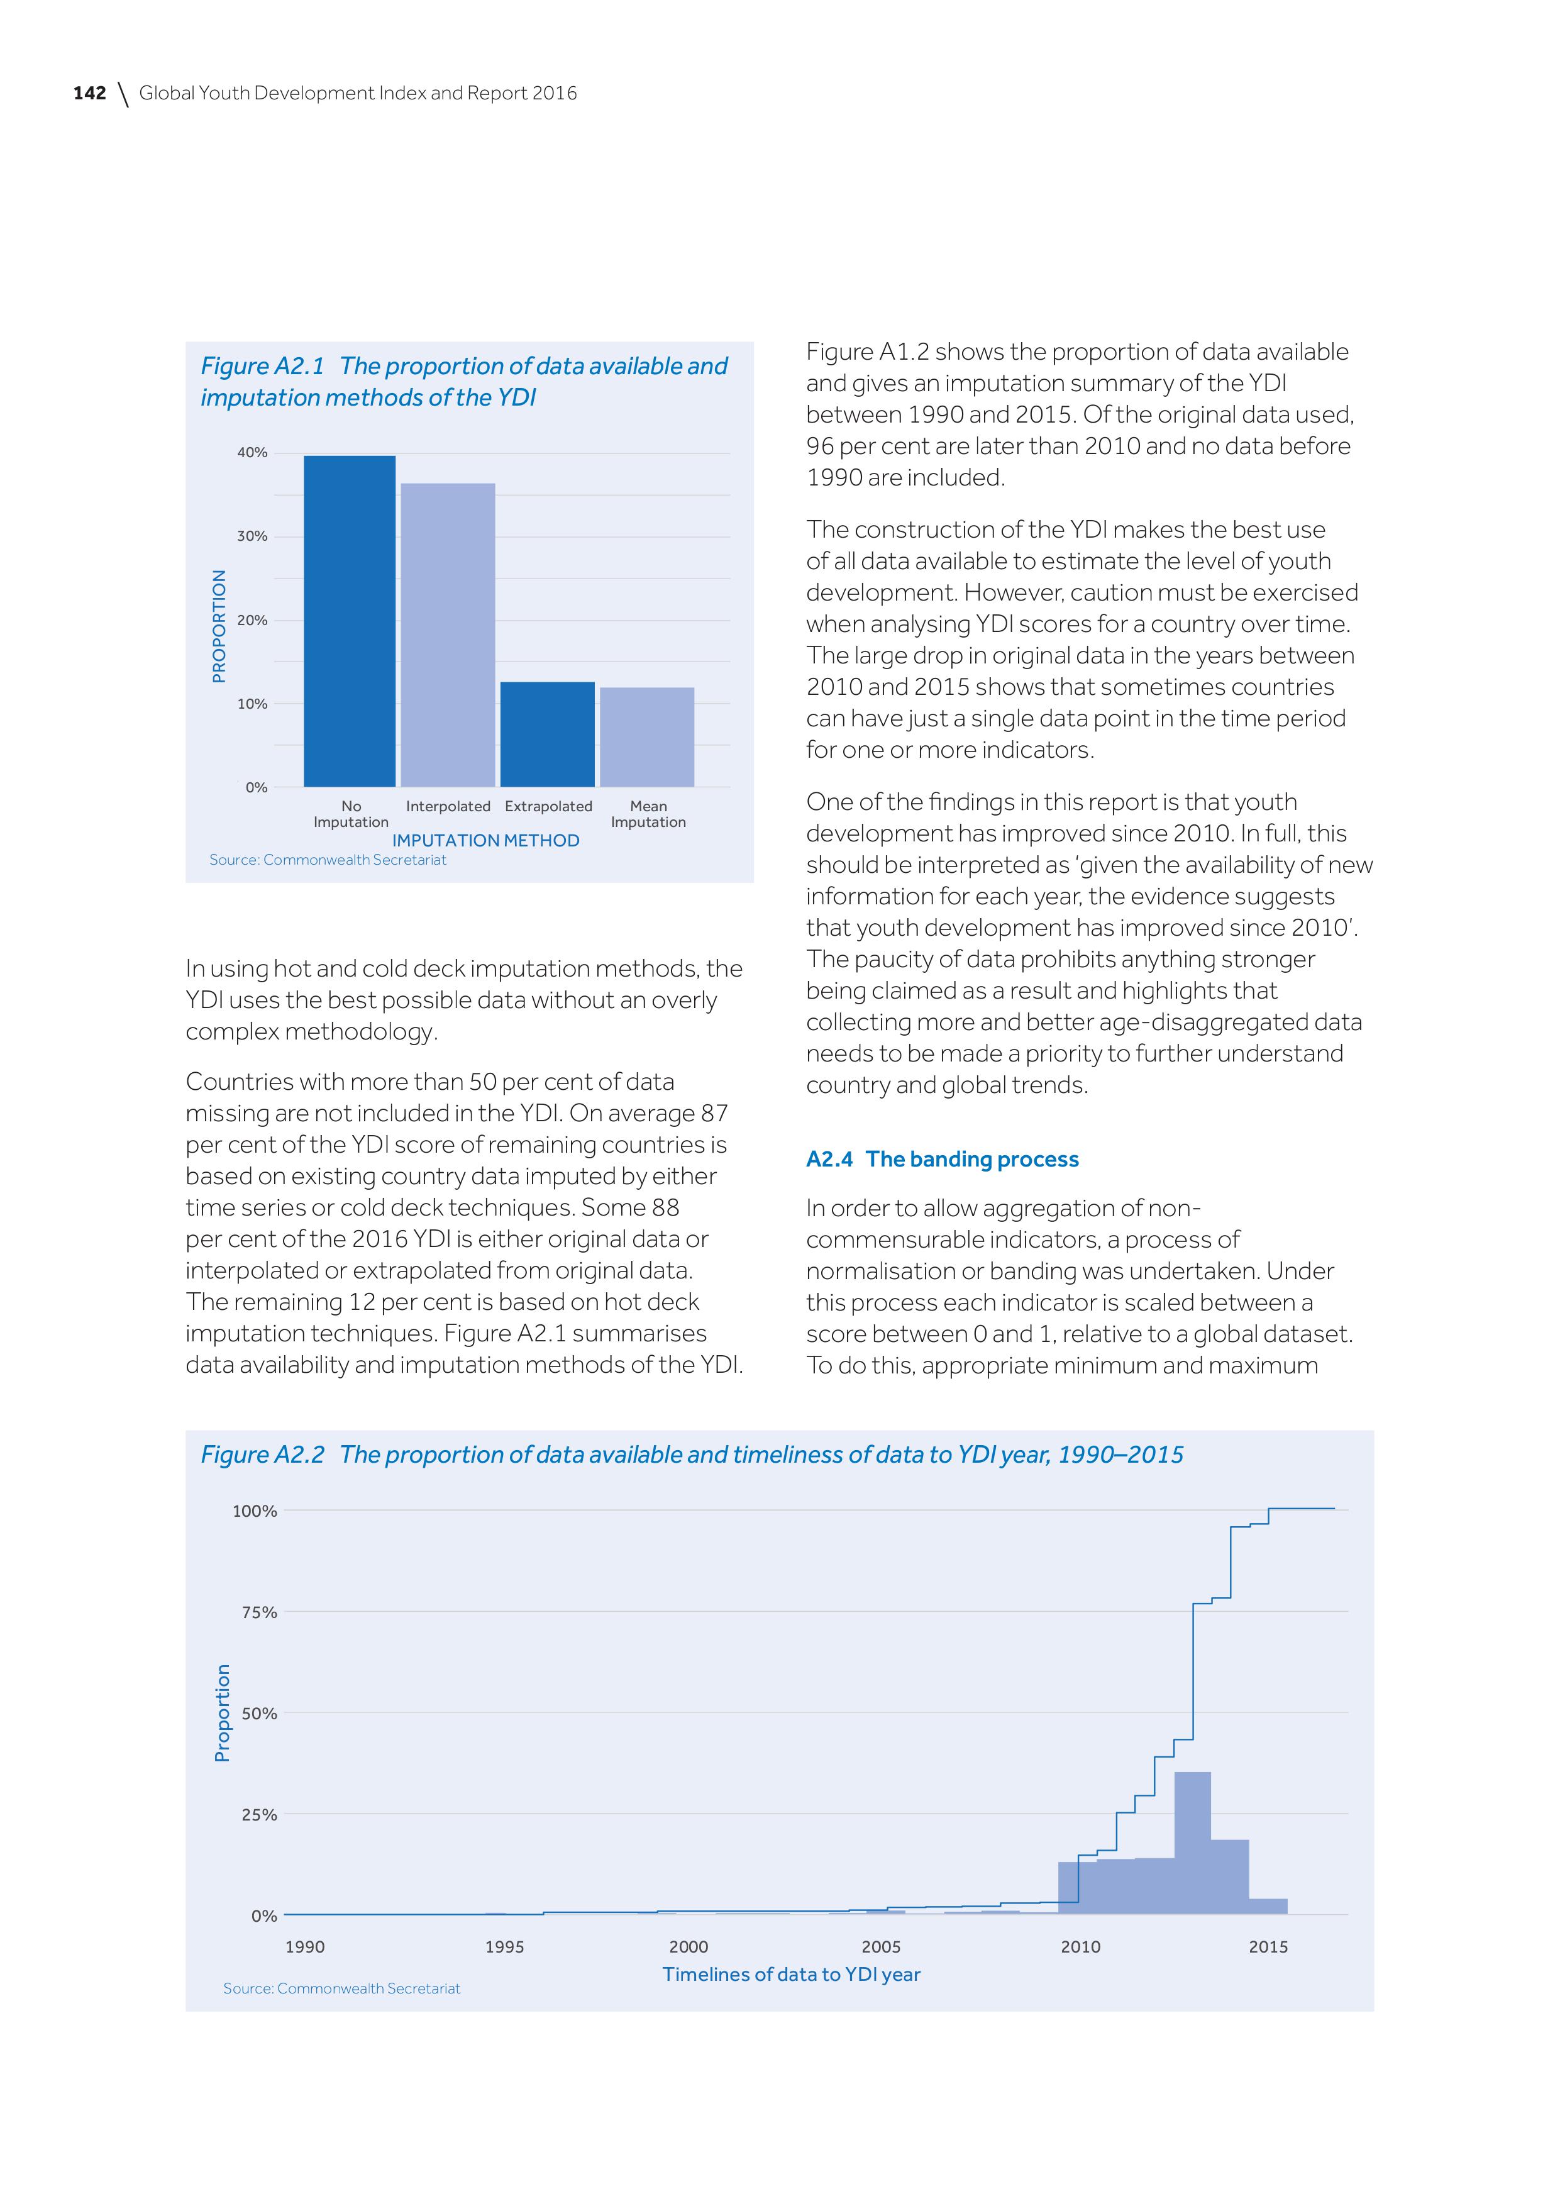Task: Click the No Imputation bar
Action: pos(350,622)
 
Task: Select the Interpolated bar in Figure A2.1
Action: pos(448,635)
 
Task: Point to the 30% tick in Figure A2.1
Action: pos(253,536)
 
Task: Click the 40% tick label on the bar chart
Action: pos(253,453)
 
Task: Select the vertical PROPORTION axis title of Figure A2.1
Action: pos(219,626)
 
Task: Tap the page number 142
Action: pos(89,93)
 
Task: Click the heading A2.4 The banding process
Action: pos(943,1159)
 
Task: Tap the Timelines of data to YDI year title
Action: pos(792,1975)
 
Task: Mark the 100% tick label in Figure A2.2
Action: pos(255,1511)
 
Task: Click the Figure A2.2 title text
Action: pos(692,1455)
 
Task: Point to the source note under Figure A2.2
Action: pos(342,1989)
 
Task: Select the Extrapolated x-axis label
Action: pos(548,806)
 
